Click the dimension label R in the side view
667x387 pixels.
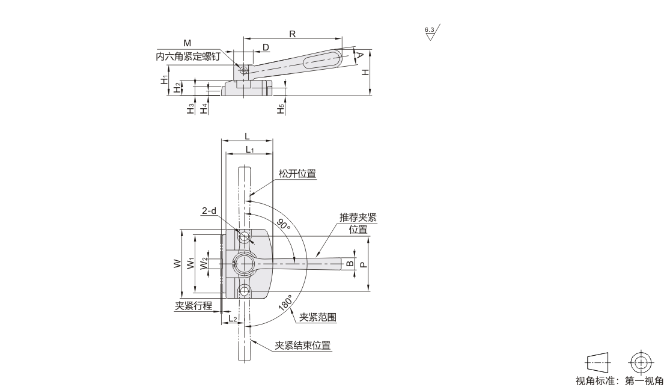(292, 34)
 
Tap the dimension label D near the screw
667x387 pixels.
(265, 47)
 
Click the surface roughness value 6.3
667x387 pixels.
(428, 29)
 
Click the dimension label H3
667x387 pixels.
(190, 109)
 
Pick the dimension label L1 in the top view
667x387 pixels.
(249, 149)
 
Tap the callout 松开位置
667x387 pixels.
(297, 174)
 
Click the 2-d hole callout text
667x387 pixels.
(209, 211)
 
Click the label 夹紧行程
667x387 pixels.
(193, 305)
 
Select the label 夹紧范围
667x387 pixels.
(318, 317)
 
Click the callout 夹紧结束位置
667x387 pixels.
(303, 346)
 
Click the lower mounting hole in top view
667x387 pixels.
(243, 291)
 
